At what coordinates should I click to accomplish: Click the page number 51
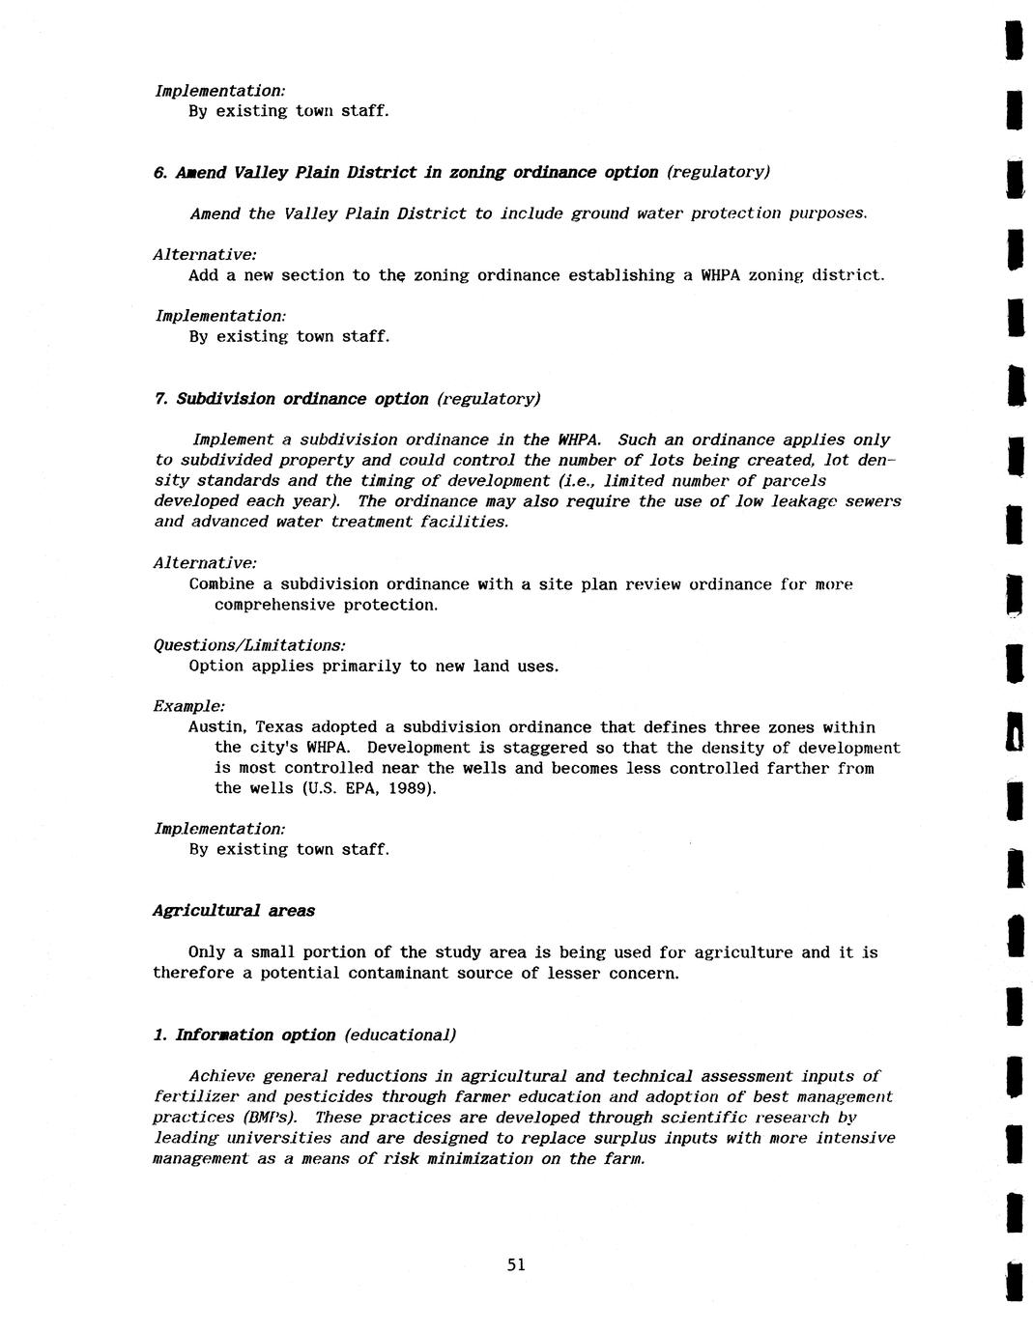point(516,1264)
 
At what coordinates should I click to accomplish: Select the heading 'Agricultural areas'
point(234,911)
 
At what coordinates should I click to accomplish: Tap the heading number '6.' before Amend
point(160,173)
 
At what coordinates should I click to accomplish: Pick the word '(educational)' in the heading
point(399,1035)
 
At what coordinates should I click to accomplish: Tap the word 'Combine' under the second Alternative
point(222,584)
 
